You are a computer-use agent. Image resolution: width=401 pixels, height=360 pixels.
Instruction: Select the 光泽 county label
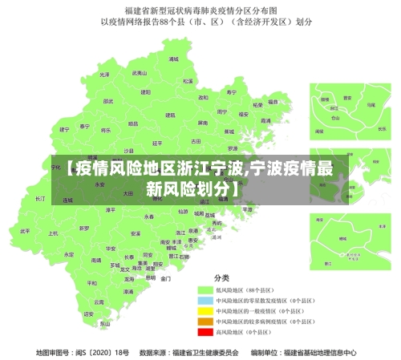point(104,74)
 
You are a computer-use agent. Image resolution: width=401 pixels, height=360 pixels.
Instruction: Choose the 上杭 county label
point(53,233)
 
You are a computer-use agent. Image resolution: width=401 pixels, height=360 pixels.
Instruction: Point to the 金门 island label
point(166,279)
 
